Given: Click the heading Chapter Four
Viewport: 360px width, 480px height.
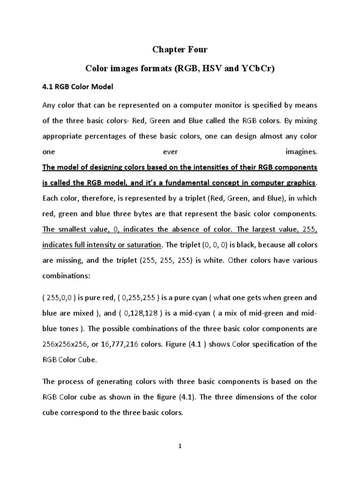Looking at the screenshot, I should coord(180,50).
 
